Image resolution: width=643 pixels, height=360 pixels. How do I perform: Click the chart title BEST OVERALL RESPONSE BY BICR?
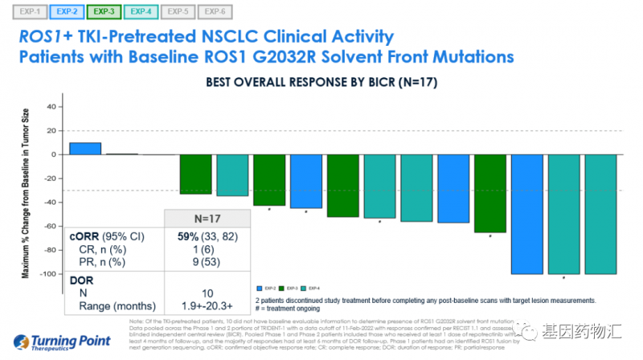pos(321,82)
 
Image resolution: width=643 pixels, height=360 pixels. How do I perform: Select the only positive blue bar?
pos(84,148)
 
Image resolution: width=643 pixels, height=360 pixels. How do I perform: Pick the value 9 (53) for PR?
pos(194,262)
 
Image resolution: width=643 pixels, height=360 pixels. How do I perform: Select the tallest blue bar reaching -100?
pos(528,214)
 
